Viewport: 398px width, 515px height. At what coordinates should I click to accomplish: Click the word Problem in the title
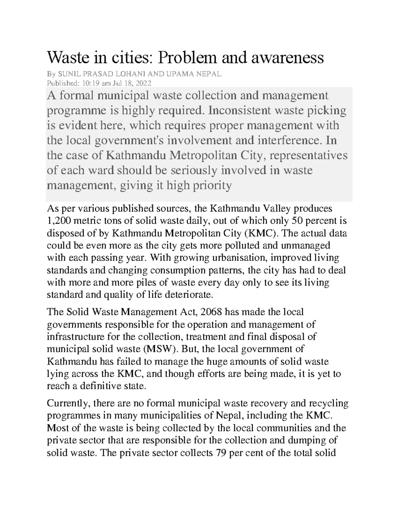click(x=184, y=58)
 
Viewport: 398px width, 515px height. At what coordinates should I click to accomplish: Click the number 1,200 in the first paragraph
click(x=57, y=221)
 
